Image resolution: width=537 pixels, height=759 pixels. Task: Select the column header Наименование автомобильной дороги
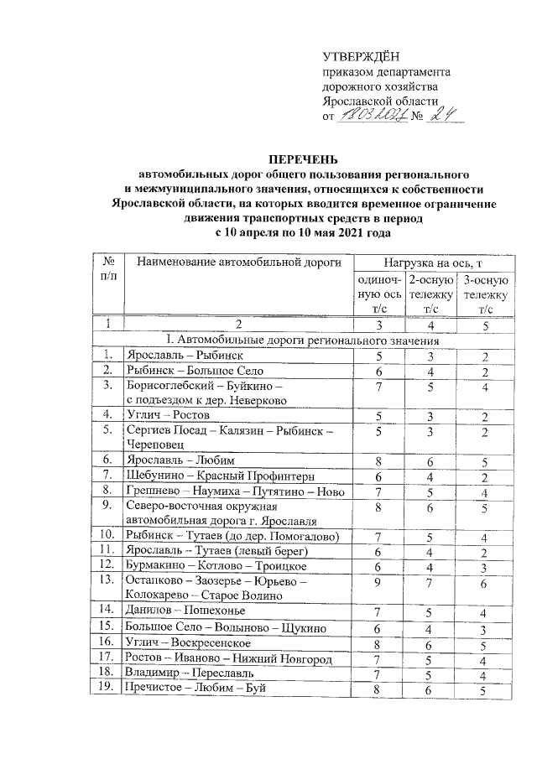pos(237,264)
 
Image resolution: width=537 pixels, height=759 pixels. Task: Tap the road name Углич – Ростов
pos(168,413)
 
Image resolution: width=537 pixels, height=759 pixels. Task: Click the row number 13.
pos(107,579)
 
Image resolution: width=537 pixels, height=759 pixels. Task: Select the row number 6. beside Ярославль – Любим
pos(107,460)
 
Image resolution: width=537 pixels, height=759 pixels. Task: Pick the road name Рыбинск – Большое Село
pos(194,370)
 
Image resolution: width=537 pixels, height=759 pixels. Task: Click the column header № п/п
pos(108,270)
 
